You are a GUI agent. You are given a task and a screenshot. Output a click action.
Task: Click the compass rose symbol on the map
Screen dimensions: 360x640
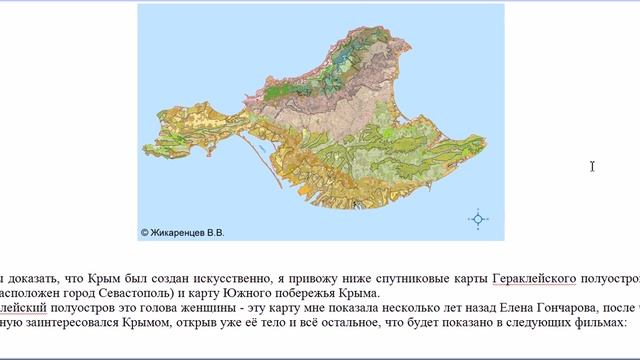click(x=478, y=219)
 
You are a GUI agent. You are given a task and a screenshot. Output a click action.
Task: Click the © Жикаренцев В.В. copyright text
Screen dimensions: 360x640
click(x=183, y=232)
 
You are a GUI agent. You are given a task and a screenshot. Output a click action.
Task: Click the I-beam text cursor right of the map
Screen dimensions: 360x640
click(x=593, y=166)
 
